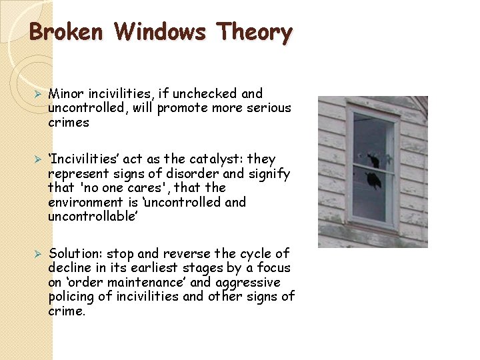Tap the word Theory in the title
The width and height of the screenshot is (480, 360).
(256, 32)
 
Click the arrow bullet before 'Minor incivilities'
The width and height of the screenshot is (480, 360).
(39, 94)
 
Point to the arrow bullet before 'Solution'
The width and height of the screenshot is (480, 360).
(39, 254)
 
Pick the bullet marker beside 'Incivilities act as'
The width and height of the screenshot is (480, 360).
(39, 159)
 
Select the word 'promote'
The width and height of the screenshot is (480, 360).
(185, 108)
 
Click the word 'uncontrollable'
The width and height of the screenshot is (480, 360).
(91, 217)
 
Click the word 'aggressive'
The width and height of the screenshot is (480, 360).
(247, 283)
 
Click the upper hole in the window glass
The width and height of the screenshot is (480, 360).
(373, 161)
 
